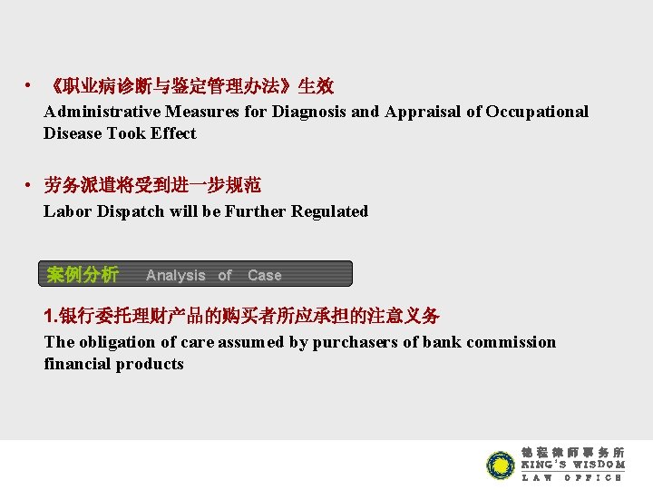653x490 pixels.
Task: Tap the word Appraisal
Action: tap(424, 112)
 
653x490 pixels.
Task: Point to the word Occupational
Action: tap(537, 112)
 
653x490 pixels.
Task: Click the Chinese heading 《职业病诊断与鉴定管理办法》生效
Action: tap(191, 87)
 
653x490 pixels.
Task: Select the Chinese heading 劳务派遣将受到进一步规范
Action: tap(152, 186)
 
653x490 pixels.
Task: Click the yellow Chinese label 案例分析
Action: tap(83, 274)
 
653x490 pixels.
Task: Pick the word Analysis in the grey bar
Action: tap(176, 275)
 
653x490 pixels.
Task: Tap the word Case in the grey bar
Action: tap(265, 275)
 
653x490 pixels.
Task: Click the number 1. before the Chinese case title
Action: tap(51, 317)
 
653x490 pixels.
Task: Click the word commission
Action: tap(512, 342)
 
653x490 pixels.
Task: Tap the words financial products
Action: tap(114, 364)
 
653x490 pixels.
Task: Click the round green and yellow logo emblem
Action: tap(501, 465)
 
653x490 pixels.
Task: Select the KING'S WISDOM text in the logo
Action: tap(572, 465)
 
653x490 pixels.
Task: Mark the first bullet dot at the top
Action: tap(31, 87)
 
